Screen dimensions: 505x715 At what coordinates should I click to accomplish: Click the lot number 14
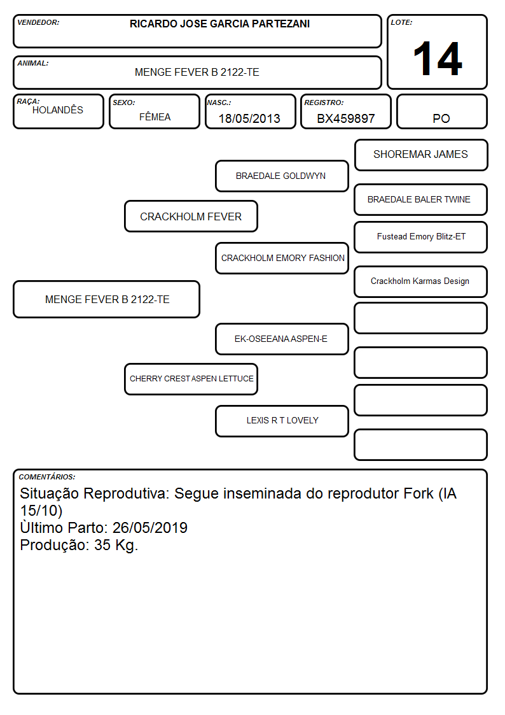tap(438, 59)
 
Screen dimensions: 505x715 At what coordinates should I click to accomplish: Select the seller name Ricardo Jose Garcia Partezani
tap(219, 24)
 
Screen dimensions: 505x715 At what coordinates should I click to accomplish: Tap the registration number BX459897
tap(345, 118)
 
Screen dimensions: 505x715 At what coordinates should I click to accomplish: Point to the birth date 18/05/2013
tap(249, 118)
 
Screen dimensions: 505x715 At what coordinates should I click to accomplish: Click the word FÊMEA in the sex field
tap(155, 117)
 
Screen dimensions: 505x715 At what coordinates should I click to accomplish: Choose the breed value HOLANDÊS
tap(58, 110)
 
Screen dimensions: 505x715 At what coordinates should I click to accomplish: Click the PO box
tap(441, 111)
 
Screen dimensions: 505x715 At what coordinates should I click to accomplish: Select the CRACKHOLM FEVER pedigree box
tap(191, 216)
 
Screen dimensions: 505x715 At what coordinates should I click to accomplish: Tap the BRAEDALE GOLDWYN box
tap(282, 176)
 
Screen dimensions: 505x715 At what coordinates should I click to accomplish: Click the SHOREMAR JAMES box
tap(421, 155)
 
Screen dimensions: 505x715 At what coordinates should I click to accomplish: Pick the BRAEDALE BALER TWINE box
tap(421, 199)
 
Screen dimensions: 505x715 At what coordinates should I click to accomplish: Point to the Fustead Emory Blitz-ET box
tap(421, 237)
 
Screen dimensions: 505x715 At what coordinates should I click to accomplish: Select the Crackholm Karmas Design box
tap(421, 281)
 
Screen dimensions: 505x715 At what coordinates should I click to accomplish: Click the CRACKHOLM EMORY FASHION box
tap(282, 258)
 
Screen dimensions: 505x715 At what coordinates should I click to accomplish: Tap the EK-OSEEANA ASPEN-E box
tap(282, 339)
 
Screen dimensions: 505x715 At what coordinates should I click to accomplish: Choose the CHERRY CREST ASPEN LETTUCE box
tap(191, 379)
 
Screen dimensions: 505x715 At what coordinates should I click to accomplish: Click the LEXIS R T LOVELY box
tap(282, 421)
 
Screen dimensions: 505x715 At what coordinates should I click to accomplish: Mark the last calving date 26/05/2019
tap(150, 528)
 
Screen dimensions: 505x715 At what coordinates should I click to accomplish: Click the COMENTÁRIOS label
tap(47, 477)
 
